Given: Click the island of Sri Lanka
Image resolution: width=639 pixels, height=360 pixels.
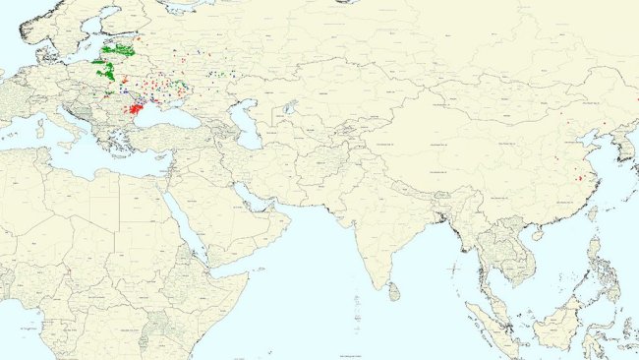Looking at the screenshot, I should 394,292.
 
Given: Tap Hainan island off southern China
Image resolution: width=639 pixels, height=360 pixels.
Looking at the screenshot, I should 537,235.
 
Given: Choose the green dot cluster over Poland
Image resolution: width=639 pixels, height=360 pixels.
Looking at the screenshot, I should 103,70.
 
